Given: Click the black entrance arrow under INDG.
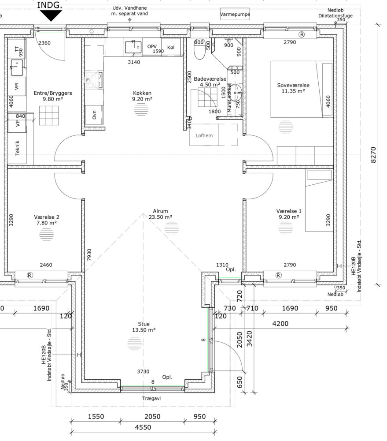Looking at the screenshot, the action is pyautogui.click(x=51, y=15).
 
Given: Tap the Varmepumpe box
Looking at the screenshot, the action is pyautogui.click(x=235, y=15).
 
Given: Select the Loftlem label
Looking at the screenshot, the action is pyautogui.click(x=204, y=135).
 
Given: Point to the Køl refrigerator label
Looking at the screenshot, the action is pyautogui.click(x=171, y=48).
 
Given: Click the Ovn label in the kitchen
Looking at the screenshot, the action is pyautogui.click(x=94, y=115).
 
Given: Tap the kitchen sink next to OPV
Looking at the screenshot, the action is pyautogui.click(x=133, y=47).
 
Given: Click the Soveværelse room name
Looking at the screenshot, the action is pyautogui.click(x=293, y=85).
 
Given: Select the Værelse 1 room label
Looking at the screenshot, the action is pyautogui.click(x=289, y=211).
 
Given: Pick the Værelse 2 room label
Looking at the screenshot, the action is pyautogui.click(x=47, y=217).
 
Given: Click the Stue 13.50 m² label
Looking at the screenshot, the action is pyautogui.click(x=144, y=327).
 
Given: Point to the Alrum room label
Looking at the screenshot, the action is pyautogui.click(x=160, y=211).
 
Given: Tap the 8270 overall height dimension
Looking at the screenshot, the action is pyautogui.click(x=373, y=155).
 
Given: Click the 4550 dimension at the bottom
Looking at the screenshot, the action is pyautogui.click(x=143, y=427).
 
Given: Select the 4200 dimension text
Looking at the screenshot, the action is pyautogui.click(x=280, y=324).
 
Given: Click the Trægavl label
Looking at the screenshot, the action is pyautogui.click(x=151, y=399).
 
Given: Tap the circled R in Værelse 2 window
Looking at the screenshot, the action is pyautogui.click(x=30, y=275).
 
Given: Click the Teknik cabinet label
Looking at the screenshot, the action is pyautogui.click(x=18, y=148).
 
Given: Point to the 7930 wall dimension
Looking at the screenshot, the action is pyautogui.click(x=89, y=255).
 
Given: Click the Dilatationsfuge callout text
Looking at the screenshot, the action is pyautogui.click(x=335, y=16).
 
